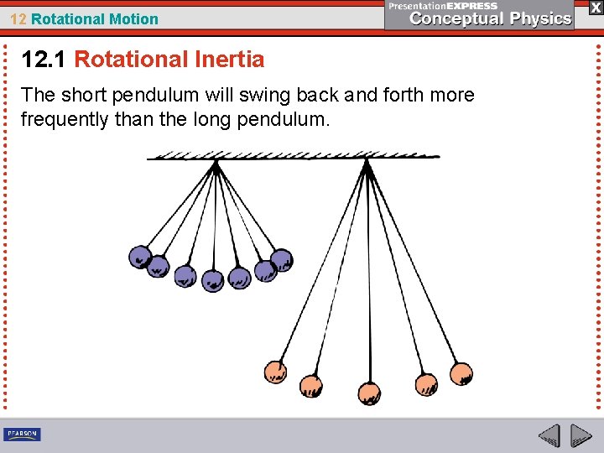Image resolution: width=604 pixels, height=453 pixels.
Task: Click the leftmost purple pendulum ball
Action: (x=140, y=256)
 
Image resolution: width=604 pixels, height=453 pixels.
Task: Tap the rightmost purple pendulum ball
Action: (x=282, y=259)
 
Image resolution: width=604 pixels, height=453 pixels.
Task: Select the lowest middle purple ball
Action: (x=213, y=280)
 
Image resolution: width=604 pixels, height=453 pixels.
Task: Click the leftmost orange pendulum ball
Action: (x=275, y=371)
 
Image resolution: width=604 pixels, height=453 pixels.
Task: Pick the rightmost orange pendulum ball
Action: (x=461, y=372)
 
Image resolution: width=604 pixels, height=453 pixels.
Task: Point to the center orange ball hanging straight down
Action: (x=369, y=393)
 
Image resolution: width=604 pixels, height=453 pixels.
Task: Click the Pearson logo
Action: (x=22, y=434)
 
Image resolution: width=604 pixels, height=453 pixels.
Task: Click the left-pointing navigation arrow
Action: (x=549, y=436)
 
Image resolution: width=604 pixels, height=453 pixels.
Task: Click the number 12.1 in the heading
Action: (x=44, y=60)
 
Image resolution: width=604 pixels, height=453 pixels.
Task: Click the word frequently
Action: (x=65, y=119)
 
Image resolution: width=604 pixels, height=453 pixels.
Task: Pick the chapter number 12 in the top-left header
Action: (x=18, y=18)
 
